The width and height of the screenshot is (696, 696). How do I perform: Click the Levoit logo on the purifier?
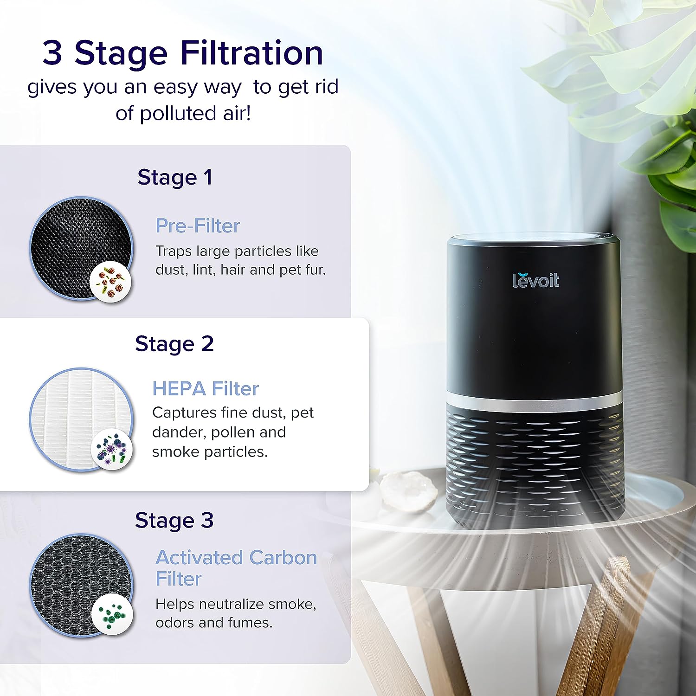click(536, 279)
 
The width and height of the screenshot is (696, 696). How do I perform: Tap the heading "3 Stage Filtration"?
click(183, 52)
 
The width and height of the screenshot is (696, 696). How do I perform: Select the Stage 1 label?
click(175, 177)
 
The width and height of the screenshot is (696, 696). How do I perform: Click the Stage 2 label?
click(174, 344)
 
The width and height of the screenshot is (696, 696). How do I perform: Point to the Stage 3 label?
click(174, 521)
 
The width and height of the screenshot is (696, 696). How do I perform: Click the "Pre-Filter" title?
click(198, 226)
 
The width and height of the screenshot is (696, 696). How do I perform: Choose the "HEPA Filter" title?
click(206, 388)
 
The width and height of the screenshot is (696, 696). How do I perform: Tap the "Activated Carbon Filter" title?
click(236, 568)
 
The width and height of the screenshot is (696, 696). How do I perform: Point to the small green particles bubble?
click(112, 613)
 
